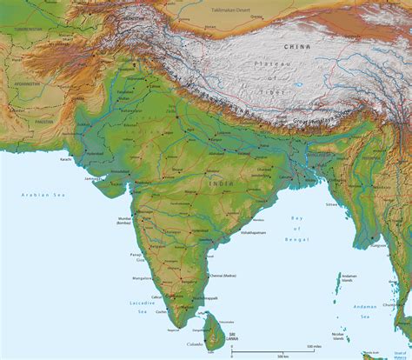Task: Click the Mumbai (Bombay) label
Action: click(124, 221)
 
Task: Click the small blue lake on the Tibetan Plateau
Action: click(299, 86)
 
